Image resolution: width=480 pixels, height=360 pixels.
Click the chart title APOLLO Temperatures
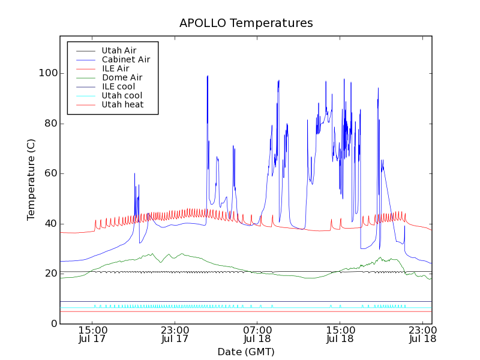pyautogui.click(x=246, y=23)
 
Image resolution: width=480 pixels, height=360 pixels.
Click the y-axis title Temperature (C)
pyautogui.click(x=31, y=179)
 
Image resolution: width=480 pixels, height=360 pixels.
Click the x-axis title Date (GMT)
pyautogui.click(x=246, y=352)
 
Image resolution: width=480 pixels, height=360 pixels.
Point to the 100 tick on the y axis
pyautogui.click(x=49, y=73)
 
